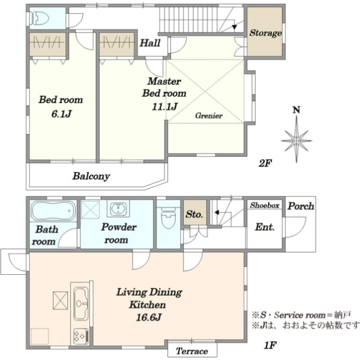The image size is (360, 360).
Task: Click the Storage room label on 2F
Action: point(266,33)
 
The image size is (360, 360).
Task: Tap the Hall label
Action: point(150,43)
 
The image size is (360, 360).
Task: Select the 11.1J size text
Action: point(164,106)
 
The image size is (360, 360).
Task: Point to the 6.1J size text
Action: point(61,113)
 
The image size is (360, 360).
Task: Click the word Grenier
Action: point(209,115)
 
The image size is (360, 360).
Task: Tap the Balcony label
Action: point(91,176)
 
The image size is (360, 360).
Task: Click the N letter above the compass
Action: point(296,110)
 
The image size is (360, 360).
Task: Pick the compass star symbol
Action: point(296,140)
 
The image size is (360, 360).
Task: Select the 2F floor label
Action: point(265,163)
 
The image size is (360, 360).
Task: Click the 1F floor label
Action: point(270,345)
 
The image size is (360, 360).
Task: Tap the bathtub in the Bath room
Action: point(53,211)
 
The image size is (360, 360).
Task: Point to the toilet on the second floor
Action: point(40,18)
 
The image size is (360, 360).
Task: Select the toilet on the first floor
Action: point(168,217)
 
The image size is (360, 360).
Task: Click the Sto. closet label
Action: point(194,214)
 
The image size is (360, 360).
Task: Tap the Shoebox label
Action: point(265,205)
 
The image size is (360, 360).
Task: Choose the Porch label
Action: point(301,206)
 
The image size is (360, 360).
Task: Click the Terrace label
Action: point(192,351)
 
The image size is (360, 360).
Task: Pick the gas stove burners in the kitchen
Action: point(81,337)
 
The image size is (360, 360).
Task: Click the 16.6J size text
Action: point(149,317)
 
